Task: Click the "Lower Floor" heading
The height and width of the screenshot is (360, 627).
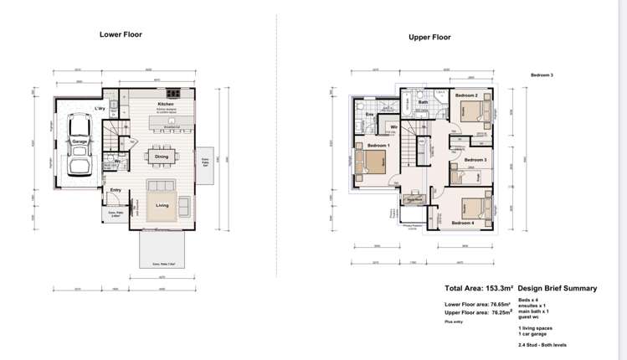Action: pos(121,35)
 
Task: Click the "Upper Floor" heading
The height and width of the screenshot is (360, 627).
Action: pos(429,38)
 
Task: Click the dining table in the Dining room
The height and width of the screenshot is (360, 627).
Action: pos(161,156)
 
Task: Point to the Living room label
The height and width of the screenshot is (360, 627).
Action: pos(162,204)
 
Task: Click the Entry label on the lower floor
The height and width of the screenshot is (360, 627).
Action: pos(116,190)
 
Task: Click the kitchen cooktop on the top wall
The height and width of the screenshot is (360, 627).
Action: pos(173,92)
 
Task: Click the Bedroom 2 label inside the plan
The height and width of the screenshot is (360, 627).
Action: pos(466,96)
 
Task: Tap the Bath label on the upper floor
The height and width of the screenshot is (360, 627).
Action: pos(424,103)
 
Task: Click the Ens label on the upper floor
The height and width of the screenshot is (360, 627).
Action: pos(370,114)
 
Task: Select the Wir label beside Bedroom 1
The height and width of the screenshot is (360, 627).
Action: pos(393,127)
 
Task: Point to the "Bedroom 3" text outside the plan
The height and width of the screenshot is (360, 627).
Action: pos(542,75)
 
